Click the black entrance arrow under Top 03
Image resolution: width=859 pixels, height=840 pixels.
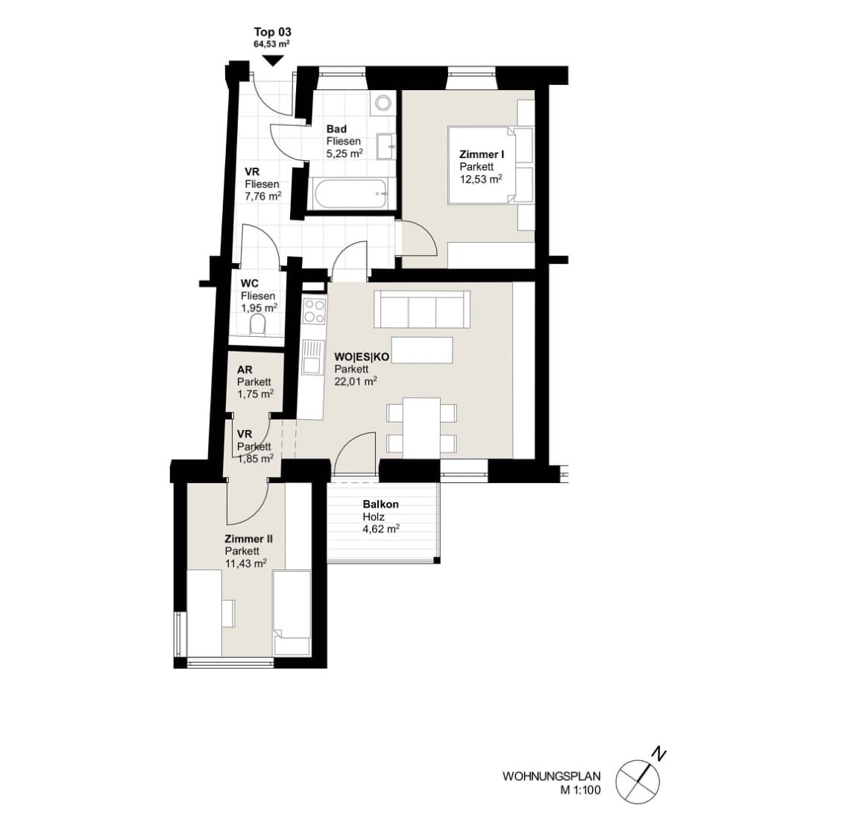(x=273, y=61)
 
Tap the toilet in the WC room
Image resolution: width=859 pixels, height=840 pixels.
(x=257, y=325)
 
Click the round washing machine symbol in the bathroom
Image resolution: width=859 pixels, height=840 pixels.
(x=383, y=102)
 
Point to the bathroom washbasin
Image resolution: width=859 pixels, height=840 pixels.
(x=387, y=146)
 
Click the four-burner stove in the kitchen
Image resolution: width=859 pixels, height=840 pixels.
(x=315, y=311)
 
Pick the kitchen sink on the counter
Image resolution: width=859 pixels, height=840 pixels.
(x=313, y=356)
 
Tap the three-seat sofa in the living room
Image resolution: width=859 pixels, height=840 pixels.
(x=422, y=309)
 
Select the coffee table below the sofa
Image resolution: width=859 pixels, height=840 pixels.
(x=422, y=350)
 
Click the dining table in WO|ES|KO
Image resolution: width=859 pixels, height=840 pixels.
(x=422, y=428)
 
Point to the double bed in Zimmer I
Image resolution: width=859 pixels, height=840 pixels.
(x=491, y=165)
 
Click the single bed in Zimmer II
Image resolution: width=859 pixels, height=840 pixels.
(x=292, y=612)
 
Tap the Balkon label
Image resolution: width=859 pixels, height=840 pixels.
(x=381, y=505)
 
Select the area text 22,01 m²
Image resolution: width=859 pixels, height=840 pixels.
(x=356, y=381)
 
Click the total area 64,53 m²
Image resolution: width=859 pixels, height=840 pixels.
(x=271, y=45)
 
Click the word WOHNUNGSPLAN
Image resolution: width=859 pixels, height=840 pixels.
(x=552, y=777)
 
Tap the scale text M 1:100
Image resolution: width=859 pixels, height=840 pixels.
(x=580, y=790)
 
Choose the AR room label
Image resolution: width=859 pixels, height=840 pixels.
(x=245, y=370)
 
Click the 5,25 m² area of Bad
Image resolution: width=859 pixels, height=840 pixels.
(x=344, y=154)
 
